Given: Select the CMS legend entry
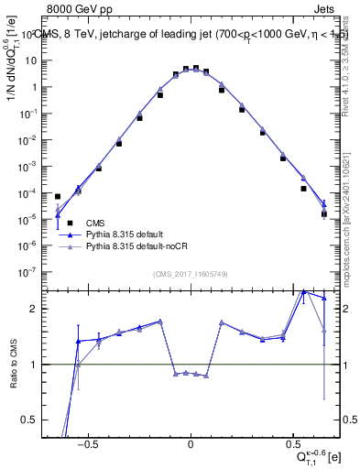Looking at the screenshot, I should pyautogui.click(x=95, y=223).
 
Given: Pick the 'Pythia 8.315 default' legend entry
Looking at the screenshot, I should pyautogui.click(x=128, y=234).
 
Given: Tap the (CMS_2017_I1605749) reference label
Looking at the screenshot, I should pyautogui.click(x=190, y=274).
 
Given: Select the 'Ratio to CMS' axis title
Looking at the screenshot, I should pyautogui.click(x=13, y=365).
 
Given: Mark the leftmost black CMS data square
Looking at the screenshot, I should pyautogui.click(x=58, y=196).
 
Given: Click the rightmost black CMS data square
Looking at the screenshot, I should pyautogui.click(x=324, y=214).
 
